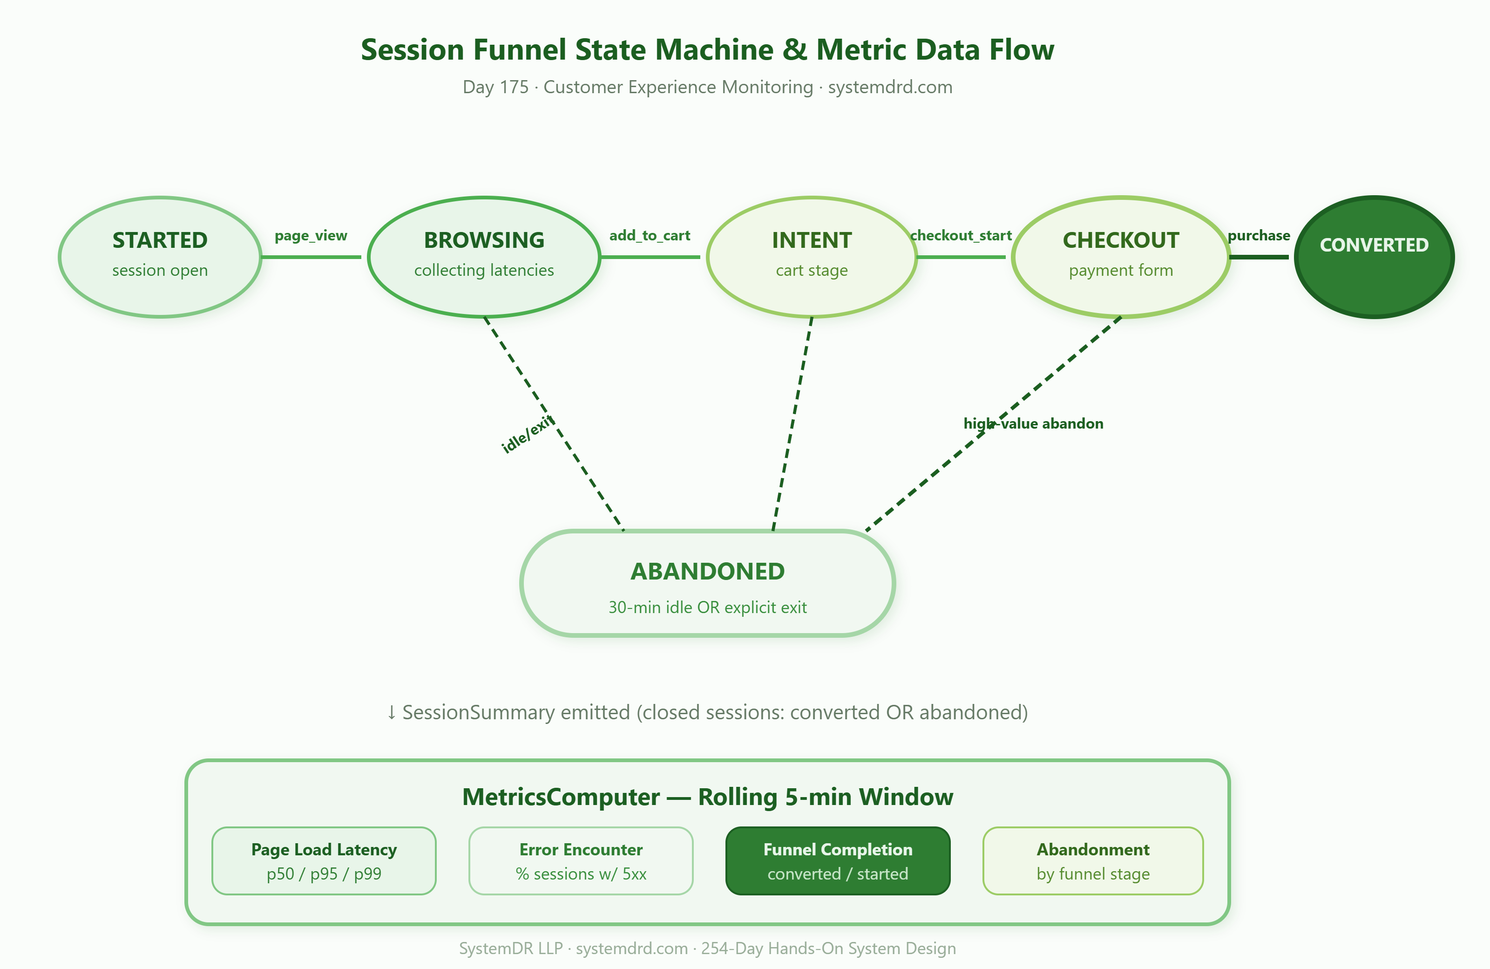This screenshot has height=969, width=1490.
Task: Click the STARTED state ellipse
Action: coord(160,257)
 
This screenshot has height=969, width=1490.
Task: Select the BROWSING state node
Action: coord(484,257)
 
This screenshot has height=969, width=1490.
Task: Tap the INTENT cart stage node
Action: coord(812,257)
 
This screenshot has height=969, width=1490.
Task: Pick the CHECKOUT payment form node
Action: coord(1121,257)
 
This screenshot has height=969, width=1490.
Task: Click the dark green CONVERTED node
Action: coord(1374,257)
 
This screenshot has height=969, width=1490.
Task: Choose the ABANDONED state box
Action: coord(707,583)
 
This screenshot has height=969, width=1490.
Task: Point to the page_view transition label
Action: coord(311,236)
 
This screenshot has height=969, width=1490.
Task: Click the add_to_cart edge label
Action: coord(650,236)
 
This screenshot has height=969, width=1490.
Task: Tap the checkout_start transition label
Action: coord(961,236)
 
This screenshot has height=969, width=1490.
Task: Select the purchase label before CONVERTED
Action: coord(1259,236)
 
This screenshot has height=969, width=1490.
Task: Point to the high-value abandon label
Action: coord(1033,423)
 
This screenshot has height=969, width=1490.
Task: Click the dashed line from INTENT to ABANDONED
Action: coord(792,424)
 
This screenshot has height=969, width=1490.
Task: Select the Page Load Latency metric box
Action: coord(324,860)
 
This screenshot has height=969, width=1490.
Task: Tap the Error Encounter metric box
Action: coord(581,860)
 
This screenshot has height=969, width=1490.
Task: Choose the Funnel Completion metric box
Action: coord(838,860)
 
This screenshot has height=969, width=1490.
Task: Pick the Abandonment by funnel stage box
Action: coord(1093,860)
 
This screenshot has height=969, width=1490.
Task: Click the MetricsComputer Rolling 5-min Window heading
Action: coord(707,797)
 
